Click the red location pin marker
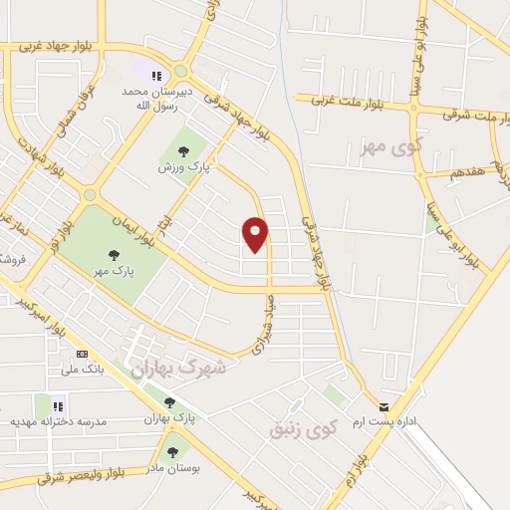coord(256,233)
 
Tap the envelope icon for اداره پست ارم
coord(384,405)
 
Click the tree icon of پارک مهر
coord(113,255)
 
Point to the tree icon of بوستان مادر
coord(173,452)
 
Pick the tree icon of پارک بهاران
coord(169,403)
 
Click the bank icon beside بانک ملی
coord(82,354)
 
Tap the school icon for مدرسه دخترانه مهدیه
coord(58,405)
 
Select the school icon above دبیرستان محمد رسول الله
coord(156,75)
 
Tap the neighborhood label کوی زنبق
coord(304,428)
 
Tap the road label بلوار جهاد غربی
coord(40,45)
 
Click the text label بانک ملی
coord(83,370)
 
